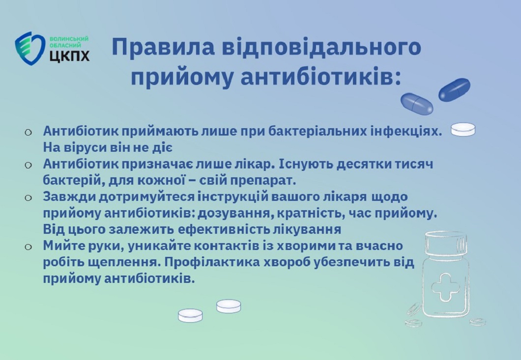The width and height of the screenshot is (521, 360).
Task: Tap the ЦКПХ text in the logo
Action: [x=69, y=56]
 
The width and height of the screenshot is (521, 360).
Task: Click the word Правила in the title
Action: [x=163, y=47]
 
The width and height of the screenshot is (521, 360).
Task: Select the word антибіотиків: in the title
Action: [x=320, y=78]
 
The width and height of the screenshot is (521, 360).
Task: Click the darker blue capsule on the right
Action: [x=454, y=90]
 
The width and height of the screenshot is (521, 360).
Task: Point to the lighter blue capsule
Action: [x=417, y=104]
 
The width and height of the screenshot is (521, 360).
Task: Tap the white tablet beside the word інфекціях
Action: [x=463, y=130]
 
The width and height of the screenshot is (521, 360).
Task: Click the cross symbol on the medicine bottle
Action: [x=445, y=288]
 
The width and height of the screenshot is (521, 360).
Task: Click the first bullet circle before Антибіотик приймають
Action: [x=28, y=132]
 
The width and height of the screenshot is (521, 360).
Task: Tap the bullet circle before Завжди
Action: [x=28, y=197]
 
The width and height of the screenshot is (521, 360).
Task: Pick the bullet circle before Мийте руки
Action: [x=28, y=247]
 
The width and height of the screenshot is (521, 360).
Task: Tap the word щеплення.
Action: [x=124, y=263]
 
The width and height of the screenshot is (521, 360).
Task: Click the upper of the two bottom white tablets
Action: [x=229, y=306]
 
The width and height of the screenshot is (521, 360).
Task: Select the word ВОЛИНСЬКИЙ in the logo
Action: [x=69, y=39]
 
